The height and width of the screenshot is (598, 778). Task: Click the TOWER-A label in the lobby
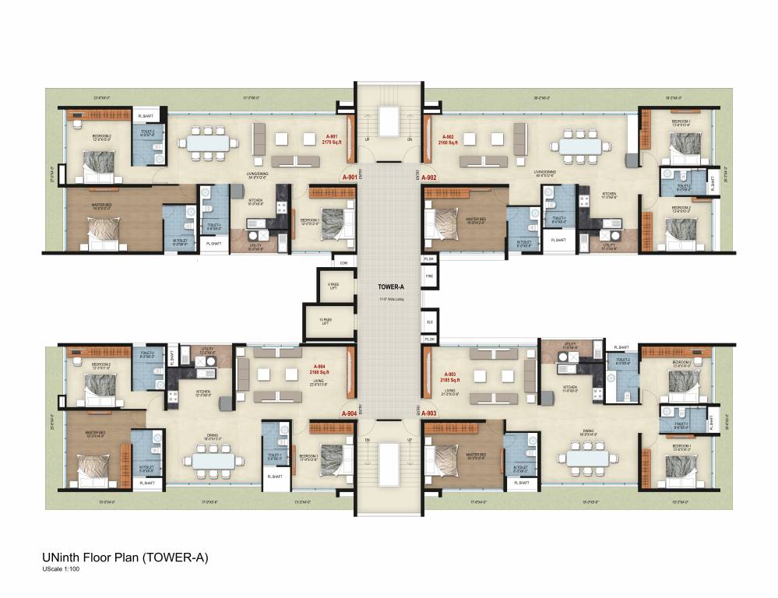click(389, 286)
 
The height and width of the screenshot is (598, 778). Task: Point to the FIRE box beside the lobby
click(429, 275)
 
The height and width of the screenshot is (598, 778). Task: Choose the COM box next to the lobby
click(342, 262)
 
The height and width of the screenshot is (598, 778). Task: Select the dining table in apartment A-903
click(588, 458)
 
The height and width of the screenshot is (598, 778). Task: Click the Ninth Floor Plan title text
click(125, 558)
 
